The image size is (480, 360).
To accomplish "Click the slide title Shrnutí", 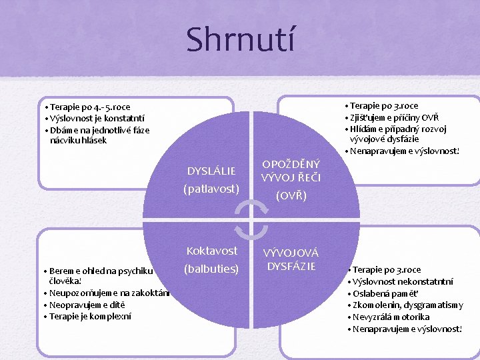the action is (239, 39).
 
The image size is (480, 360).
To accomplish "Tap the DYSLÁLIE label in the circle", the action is (211, 171).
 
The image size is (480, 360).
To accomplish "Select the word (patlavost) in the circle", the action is (211, 189).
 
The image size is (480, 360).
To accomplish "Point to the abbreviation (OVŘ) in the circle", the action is (291, 196).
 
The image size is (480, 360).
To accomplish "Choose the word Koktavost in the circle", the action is (212, 251).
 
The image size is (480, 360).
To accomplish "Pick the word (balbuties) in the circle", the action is (212, 269).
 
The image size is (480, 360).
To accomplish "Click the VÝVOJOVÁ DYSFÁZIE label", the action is (291, 260).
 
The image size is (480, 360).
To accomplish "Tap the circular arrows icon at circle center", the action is (252, 220).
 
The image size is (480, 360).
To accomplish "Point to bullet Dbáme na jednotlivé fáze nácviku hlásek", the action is (97, 135).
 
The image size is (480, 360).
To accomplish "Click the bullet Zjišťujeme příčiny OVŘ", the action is (394, 117).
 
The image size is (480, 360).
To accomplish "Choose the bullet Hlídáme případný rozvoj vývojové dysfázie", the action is (398, 134).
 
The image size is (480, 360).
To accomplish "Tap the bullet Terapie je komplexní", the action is (83, 316).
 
